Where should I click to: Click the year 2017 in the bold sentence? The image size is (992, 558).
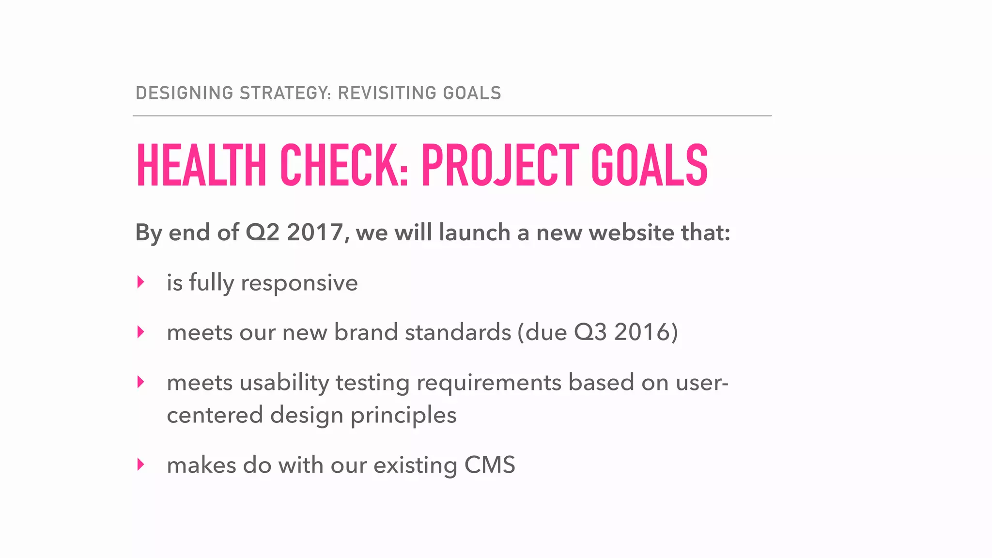point(315,232)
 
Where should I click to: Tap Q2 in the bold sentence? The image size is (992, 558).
point(263,232)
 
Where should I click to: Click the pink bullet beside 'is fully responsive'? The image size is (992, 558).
point(140,282)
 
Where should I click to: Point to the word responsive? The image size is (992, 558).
point(299,283)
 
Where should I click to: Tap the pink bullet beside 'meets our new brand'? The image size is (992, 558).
point(140,332)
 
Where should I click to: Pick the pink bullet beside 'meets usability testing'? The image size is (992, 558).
point(140,382)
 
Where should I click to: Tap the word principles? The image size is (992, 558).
point(403,416)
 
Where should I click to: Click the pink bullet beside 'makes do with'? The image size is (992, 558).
point(140,465)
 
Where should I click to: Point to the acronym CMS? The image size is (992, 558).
point(490,465)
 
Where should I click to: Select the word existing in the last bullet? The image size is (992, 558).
point(415,465)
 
